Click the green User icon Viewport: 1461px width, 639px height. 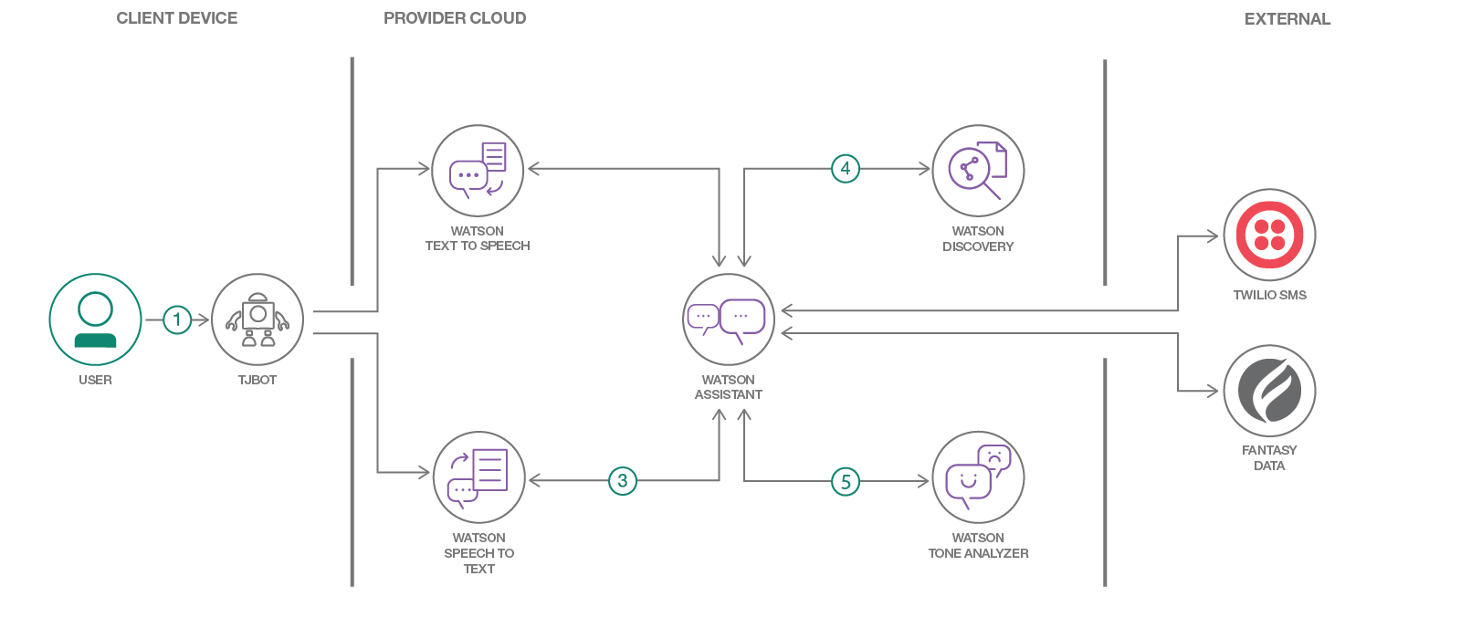pos(95,319)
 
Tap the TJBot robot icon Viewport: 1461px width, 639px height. pos(258,319)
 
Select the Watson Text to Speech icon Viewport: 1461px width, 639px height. pos(478,171)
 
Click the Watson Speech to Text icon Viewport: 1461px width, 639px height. pos(478,477)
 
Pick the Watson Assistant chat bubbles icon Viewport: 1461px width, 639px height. pos(729,319)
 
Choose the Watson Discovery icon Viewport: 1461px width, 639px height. pos(978,171)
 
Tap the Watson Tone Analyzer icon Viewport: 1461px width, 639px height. pos(978,477)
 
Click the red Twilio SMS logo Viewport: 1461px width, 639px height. pos(1269,235)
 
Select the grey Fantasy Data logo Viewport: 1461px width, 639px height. pos(1269,391)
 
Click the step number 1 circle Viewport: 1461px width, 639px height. pos(177,319)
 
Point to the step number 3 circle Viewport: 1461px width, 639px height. pos(623,481)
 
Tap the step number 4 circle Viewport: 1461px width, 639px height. pos(846,169)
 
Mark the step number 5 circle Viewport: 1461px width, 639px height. pos(846,482)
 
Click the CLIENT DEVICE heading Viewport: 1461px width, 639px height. pos(177,18)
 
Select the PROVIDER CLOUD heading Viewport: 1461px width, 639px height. pos(455,18)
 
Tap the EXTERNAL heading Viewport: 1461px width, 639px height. pos(1288,19)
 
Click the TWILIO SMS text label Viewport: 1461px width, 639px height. pos(1269,295)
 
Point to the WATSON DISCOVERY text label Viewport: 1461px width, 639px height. pos(978,239)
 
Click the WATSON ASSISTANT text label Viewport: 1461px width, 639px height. pos(729,387)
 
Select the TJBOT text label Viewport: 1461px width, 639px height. pos(258,380)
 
